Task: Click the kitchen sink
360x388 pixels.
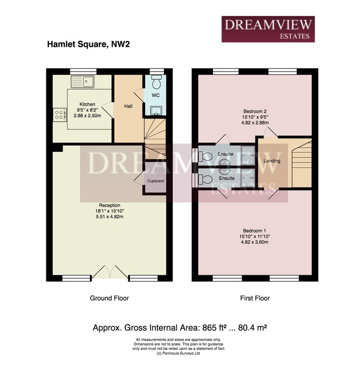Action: coord(82,81)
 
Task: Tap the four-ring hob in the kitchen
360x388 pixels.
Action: coord(60,115)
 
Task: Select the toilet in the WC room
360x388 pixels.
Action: coord(157,82)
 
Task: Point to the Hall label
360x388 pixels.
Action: coord(128,106)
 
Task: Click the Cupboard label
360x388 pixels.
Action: coord(155,181)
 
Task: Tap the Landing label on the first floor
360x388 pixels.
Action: coord(272,161)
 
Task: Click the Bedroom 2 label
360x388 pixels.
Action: coord(255,111)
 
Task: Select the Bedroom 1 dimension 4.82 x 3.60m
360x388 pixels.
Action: coord(255,242)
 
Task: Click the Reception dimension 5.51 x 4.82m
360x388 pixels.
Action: coord(110,217)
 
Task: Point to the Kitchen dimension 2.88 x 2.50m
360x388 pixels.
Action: coord(87,115)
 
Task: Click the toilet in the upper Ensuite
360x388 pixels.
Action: coord(205,156)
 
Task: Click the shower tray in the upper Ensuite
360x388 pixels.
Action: coord(248,156)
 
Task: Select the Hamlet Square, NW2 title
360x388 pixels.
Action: coord(89,44)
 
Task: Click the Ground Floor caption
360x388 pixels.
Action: coord(109,298)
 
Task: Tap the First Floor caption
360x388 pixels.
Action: coord(255,298)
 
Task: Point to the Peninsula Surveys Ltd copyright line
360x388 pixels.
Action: coord(178,354)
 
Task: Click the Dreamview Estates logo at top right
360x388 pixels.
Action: coord(268,29)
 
